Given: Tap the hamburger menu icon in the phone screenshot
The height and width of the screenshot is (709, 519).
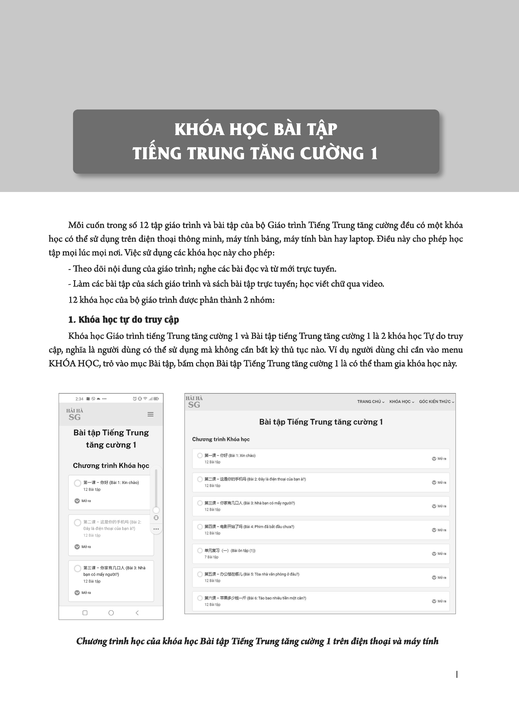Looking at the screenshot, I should point(151,414).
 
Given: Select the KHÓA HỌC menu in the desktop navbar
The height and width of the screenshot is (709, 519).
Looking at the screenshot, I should point(401,402).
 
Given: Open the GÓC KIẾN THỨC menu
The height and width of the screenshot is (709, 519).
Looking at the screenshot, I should point(436,402).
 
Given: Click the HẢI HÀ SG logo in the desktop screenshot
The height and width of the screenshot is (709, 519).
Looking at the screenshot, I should point(194,402).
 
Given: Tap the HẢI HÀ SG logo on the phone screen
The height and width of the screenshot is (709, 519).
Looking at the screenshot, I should point(75,415).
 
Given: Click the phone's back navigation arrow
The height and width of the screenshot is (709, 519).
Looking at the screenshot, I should point(137,613).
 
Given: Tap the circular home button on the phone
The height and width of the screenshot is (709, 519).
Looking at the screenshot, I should point(111,613).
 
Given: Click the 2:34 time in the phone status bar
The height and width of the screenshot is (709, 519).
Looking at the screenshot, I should point(79,399).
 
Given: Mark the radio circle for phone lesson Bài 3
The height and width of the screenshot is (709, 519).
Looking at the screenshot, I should point(77,568).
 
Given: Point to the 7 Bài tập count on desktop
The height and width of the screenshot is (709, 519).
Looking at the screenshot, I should point(211,557).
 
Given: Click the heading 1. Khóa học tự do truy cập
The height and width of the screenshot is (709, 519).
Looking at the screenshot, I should point(124,320).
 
